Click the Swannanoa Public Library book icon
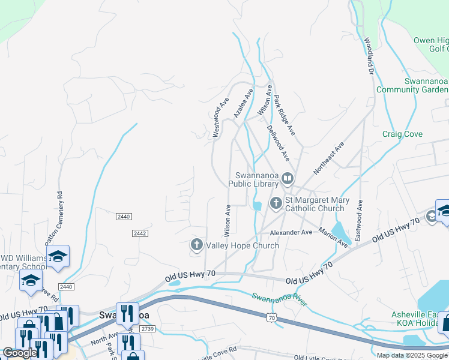tap(288, 178)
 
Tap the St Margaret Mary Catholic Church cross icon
tap(276, 203)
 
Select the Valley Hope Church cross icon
tap(196, 245)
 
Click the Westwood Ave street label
tap(221, 118)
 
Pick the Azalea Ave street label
tap(243, 103)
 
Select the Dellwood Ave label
tap(279, 143)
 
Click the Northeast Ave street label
tap(328, 158)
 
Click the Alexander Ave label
tap(291, 232)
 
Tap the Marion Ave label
tap(333, 238)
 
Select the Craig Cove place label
tap(402, 134)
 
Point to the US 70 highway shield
tap(273, 317)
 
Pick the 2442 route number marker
tap(139, 233)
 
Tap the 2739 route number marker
tap(147, 329)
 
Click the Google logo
tap(20, 353)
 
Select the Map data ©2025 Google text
tap(412, 355)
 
